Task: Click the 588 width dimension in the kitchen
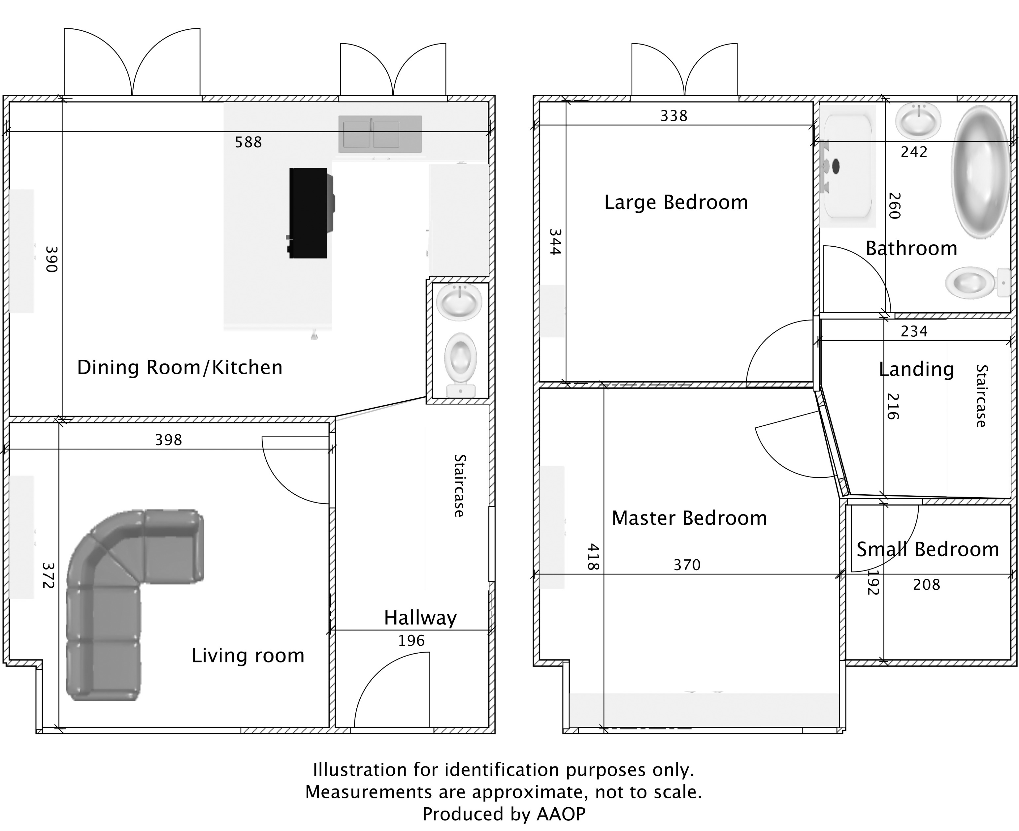(248, 142)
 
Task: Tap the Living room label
(248, 655)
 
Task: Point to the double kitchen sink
(380, 134)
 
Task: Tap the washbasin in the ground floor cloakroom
(459, 302)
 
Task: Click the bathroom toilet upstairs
(972, 282)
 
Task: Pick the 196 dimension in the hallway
(411, 640)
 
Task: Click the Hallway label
(420, 618)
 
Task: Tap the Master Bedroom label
(689, 518)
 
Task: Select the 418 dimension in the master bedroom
(593, 557)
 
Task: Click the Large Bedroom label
(675, 202)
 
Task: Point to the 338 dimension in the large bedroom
(674, 116)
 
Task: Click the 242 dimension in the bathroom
(914, 152)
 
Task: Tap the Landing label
(916, 369)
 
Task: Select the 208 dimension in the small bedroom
(926, 584)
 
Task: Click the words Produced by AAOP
(504, 814)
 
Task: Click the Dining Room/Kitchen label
(180, 367)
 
